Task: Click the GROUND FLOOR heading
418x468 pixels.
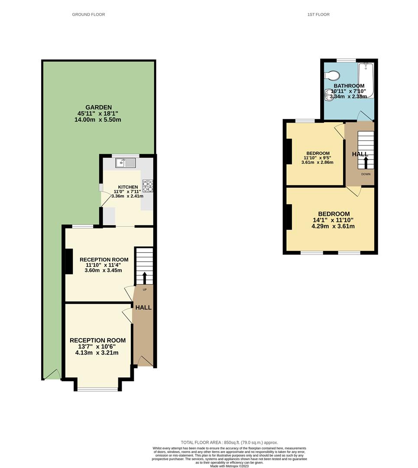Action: (x=88, y=14)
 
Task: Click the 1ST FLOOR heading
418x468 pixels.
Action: (x=318, y=14)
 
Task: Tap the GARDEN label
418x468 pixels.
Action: (x=98, y=107)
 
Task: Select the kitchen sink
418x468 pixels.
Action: (x=126, y=163)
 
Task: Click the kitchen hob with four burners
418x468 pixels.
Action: (x=148, y=185)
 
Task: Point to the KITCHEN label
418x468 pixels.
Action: (x=128, y=187)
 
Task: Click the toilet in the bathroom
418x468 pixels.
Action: (x=332, y=76)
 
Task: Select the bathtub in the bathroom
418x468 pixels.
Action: (x=366, y=80)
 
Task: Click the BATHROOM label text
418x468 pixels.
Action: (x=349, y=86)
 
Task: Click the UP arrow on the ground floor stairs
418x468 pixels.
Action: (x=144, y=278)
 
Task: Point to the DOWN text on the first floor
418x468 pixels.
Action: (x=366, y=174)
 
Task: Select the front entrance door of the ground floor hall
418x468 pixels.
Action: (x=144, y=361)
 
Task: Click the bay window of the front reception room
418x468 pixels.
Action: (x=97, y=389)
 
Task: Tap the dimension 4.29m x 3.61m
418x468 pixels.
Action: (x=334, y=226)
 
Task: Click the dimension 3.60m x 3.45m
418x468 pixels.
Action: (x=104, y=270)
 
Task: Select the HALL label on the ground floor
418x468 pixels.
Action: (x=143, y=307)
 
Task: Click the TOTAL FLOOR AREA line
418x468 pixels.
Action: (x=229, y=442)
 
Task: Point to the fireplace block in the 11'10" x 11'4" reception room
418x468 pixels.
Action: (x=68, y=261)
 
